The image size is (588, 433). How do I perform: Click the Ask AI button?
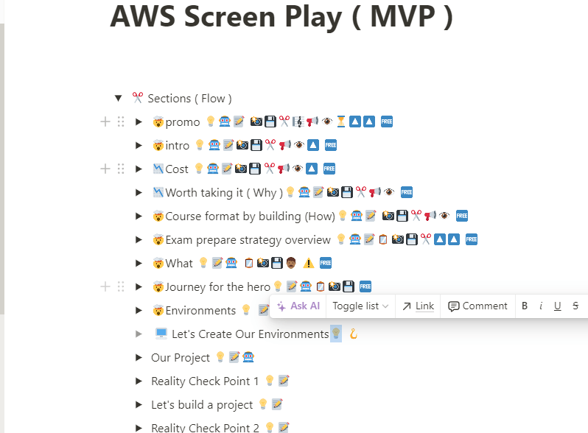click(x=298, y=306)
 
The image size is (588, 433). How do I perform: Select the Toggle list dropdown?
click(x=360, y=306)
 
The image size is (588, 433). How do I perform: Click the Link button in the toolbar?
click(x=418, y=306)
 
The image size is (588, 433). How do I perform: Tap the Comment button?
click(x=477, y=306)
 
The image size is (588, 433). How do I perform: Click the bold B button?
click(x=525, y=306)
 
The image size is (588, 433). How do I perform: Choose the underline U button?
click(x=558, y=306)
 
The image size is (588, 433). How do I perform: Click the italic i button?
click(x=541, y=306)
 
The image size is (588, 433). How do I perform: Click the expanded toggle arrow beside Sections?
click(x=119, y=98)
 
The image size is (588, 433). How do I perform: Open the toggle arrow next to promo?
click(x=139, y=122)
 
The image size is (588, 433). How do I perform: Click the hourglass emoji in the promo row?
click(x=341, y=122)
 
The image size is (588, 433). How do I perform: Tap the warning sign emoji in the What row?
click(x=308, y=263)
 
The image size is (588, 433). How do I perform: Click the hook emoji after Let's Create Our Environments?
click(x=353, y=334)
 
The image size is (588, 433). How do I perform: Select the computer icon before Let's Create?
click(x=161, y=334)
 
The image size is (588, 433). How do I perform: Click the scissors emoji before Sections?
click(x=138, y=98)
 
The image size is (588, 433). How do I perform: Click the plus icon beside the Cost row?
click(x=105, y=169)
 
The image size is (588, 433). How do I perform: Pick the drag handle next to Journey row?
click(x=121, y=286)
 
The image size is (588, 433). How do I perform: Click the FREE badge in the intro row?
click(x=330, y=145)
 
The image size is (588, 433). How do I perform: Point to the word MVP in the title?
click(x=403, y=17)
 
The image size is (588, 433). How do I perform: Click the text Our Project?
click(x=181, y=358)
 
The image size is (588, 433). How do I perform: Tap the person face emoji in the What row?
click(x=291, y=263)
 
